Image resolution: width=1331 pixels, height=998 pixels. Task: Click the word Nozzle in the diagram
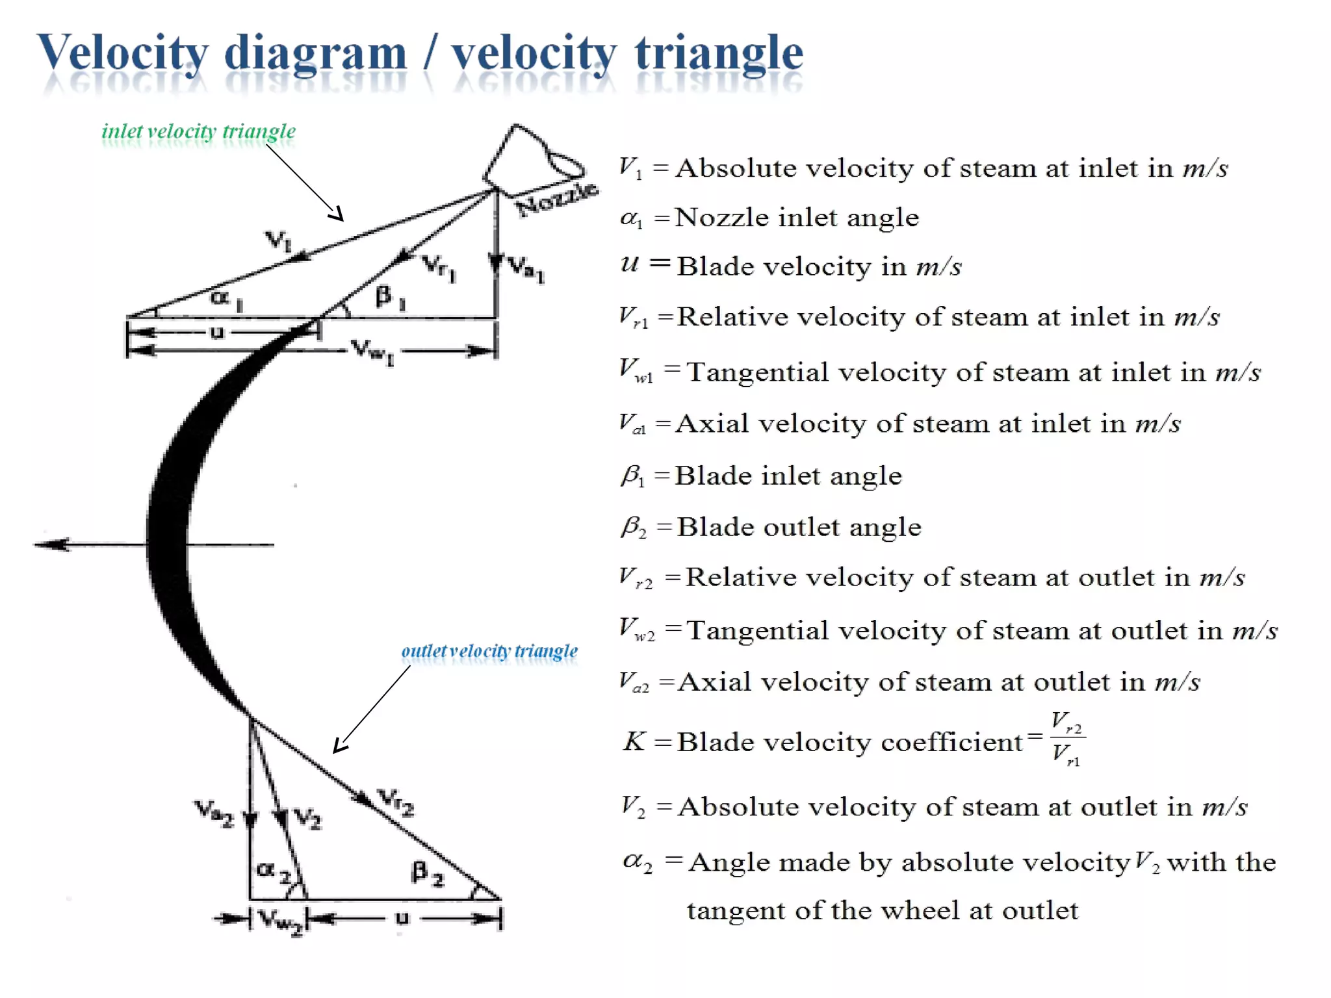tap(556, 198)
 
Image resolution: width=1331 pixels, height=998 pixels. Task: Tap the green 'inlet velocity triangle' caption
tap(198, 132)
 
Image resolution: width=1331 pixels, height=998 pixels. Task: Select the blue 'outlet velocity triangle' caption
tap(489, 651)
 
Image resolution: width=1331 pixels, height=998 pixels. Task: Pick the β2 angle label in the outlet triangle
tap(428, 873)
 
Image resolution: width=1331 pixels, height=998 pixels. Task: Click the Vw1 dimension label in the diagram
tap(372, 352)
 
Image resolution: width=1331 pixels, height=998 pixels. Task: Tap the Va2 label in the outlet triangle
tap(214, 813)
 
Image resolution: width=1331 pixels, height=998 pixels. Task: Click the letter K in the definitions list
tap(634, 741)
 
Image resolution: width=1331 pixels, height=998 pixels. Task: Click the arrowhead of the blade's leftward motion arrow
tap(52, 544)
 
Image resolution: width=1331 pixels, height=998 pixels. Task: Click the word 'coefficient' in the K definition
tap(951, 742)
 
